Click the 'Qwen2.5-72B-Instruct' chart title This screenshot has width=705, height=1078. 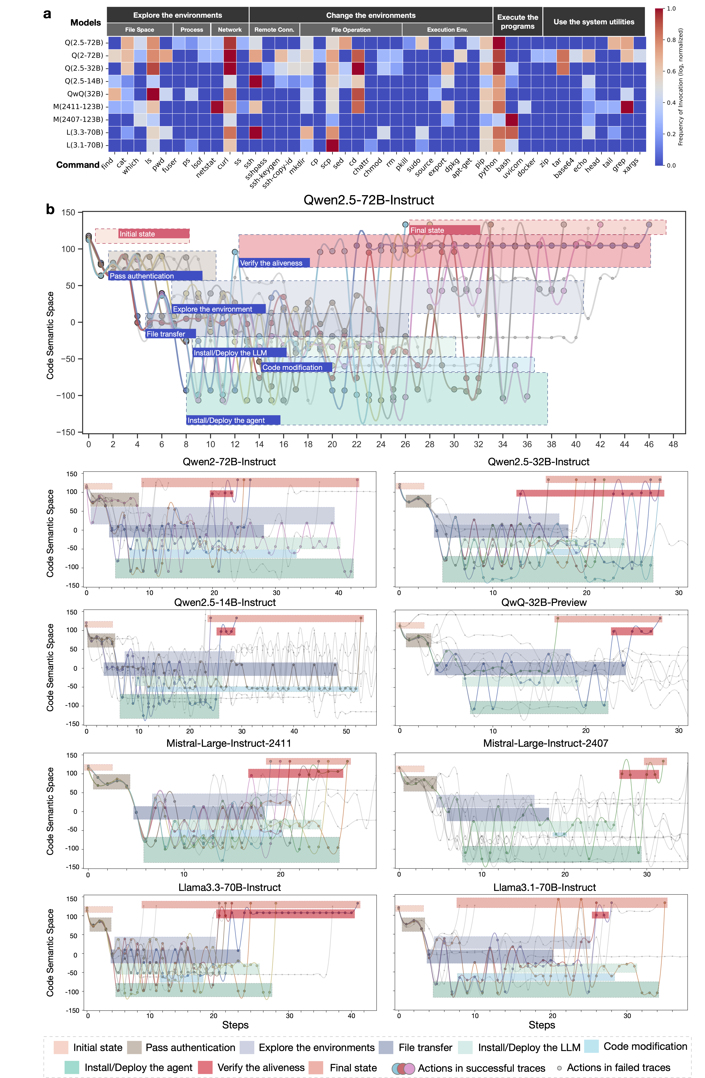(369, 200)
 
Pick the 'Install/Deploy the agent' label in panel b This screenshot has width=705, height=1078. (226, 420)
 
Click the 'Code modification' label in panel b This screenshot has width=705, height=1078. (293, 367)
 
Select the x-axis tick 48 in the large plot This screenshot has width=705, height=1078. (673, 444)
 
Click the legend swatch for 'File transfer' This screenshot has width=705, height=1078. (386, 1047)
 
